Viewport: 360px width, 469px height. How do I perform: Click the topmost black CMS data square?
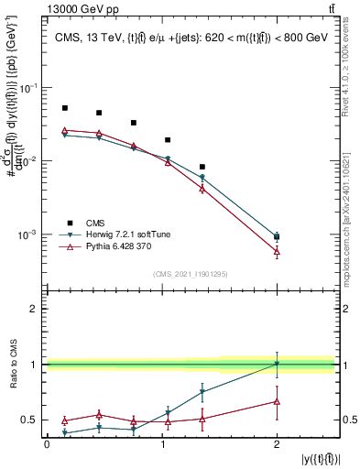pos(64,108)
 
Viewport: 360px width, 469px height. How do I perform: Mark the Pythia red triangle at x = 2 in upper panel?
pos(278,251)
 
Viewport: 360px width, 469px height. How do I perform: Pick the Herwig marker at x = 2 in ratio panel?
pos(278,364)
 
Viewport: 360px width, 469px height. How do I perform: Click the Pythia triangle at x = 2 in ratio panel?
pos(278,401)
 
